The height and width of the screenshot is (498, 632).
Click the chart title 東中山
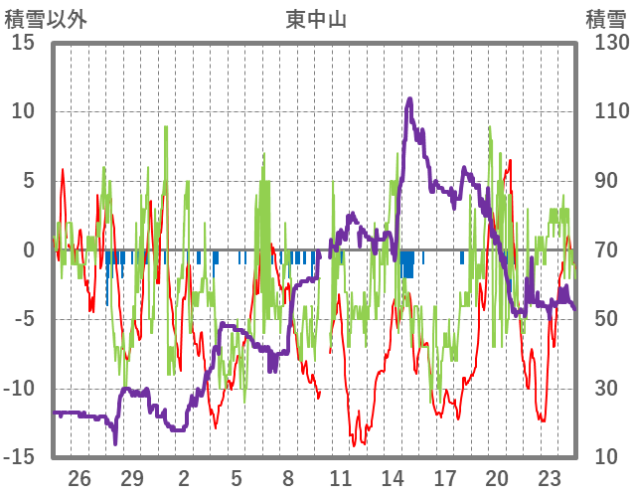316,19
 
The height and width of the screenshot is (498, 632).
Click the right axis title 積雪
604,19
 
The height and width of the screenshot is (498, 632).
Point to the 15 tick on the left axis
24,43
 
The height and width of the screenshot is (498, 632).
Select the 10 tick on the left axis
24,111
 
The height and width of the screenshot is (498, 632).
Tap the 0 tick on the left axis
30,249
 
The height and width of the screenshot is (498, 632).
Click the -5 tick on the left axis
24,319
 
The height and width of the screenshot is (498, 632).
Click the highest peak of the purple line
409,98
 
